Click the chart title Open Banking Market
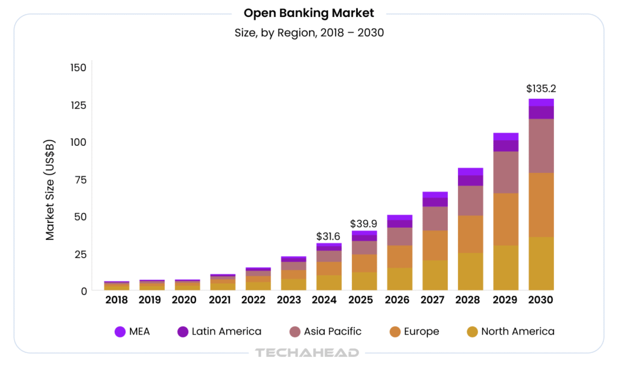tap(309, 13)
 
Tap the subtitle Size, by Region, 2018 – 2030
tap(309, 33)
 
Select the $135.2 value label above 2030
tap(541, 89)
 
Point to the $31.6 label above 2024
tap(329, 236)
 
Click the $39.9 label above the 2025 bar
tap(363, 224)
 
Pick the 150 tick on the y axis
tap(78, 67)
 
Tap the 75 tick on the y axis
tap(81, 180)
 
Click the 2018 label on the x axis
tap(116, 300)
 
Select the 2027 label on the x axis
tap(435, 300)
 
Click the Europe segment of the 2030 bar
tap(541, 205)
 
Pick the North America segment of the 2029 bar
tap(506, 268)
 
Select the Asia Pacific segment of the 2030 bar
tap(541, 146)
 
